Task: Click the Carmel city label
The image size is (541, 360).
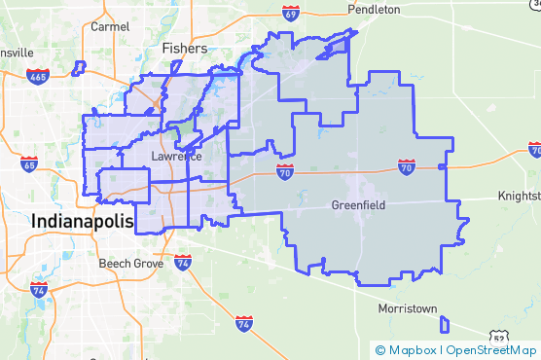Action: click(110, 26)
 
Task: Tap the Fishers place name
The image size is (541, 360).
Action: click(184, 48)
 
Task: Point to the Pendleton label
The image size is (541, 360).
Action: click(374, 9)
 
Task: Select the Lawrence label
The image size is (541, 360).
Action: click(176, 157)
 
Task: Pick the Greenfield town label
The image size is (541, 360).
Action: click(357, 205)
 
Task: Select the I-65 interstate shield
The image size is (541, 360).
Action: click(30, 164)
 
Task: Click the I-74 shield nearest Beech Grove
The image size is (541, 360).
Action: click(184, 263)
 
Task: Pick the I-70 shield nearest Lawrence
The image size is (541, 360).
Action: click(284, 173)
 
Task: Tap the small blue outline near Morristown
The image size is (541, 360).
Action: click(445, 324)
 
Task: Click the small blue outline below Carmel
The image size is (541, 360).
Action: click(79, 68)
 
